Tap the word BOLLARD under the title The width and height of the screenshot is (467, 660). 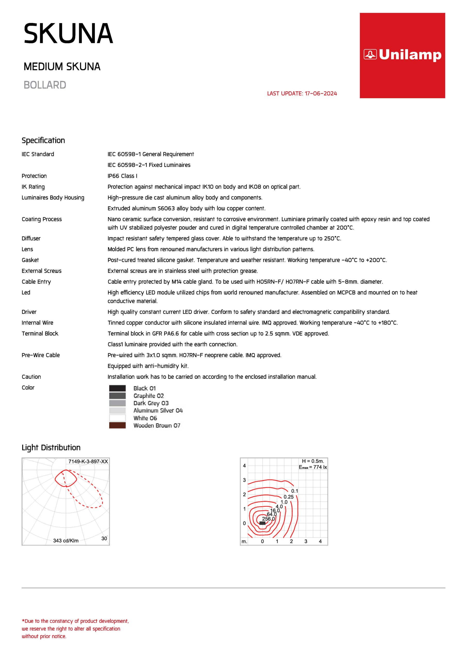(x=45, y=85)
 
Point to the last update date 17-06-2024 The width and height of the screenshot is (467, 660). (x=321, y=93)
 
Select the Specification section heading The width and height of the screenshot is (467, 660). (x=43, y=140)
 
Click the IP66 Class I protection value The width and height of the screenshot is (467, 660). (x=122, y=176)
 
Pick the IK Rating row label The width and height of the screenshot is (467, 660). (x=33, y=187)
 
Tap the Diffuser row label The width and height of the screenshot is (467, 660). (x=31, y=238)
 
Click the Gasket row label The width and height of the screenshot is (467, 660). (x=30, y=260)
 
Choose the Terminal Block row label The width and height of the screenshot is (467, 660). (x=40, y=333)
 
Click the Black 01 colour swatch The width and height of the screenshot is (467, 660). (x=117, y=388)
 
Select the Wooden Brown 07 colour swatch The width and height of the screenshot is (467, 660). (x=117, y=425)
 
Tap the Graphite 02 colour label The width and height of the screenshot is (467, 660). (x=148, y=396)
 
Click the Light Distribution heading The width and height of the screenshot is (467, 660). (x=51, y=448)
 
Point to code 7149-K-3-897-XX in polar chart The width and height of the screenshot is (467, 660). (x=88, y=461)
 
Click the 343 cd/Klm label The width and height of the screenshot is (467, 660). (x=66, y=541)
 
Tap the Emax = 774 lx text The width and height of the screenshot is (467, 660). (x=313, y=467)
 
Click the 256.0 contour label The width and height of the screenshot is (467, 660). (x=268, y=519)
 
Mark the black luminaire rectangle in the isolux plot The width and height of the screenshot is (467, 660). (x=262, y=523)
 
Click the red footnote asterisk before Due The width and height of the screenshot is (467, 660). (x=23, y=621)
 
